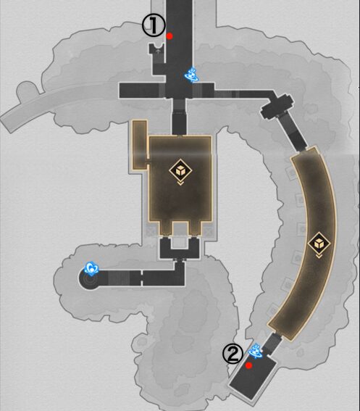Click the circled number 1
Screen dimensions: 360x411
coord(154,25)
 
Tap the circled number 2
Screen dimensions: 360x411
coord(233,354)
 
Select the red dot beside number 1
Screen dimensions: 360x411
coord(169,36)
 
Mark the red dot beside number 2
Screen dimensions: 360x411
coord(249,365)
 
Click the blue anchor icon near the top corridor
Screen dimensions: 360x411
coord(192,75)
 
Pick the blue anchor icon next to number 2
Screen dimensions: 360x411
coord(255,351)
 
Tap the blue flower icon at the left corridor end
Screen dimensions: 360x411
coord(91,268)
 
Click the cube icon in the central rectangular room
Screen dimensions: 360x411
coord(180,170)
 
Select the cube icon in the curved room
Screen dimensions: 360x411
coord(319,244)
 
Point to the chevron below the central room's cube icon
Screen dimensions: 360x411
coord(180,183)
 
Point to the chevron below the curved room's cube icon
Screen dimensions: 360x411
coord(319,256)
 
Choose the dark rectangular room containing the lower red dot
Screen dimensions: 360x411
coord(253,376)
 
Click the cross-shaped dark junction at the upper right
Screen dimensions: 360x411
coord(277,105)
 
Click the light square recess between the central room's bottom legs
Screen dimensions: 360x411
coord(180,235)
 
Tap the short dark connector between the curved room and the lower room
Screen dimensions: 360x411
coord(272,343)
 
